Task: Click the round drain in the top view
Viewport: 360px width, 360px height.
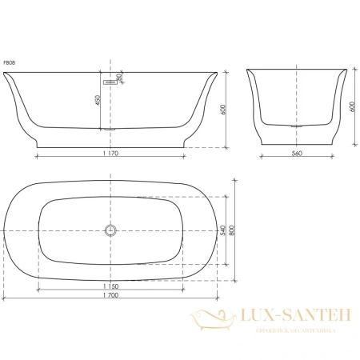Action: (x=110, y=232)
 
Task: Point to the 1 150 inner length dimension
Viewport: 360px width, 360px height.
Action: (x=111, y=286)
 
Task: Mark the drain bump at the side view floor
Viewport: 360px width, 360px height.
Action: (x=110, y=128)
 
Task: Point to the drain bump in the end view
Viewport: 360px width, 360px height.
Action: (x=298, y=126)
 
